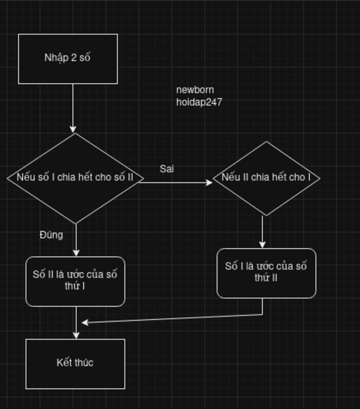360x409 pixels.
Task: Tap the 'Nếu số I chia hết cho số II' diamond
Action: pos(75,197)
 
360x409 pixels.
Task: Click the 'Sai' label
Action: pos(167,169)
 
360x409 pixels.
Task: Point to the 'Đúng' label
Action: pos(51,235)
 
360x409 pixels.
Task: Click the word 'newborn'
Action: pos(195,90)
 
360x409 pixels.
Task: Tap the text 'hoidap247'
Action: pos(199,102)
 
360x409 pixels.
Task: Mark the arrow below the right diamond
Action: pos(262,231)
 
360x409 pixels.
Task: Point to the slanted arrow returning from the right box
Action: pos(172,318)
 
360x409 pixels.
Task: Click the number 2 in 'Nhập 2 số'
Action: pos(74,57)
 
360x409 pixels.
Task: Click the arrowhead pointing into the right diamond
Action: pos(209,182)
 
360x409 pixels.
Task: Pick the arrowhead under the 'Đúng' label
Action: pos(76,252)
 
